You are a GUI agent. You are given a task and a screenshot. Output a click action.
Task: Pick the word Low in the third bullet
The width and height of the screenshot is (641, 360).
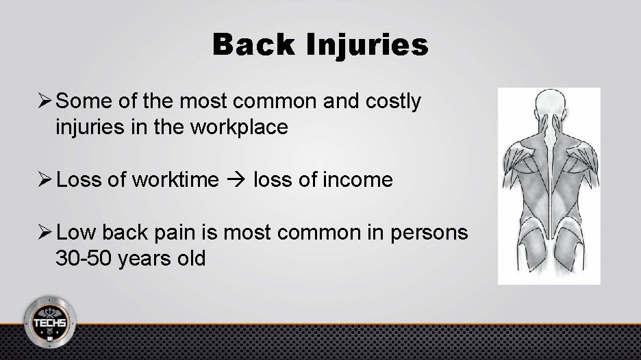[76, 234]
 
